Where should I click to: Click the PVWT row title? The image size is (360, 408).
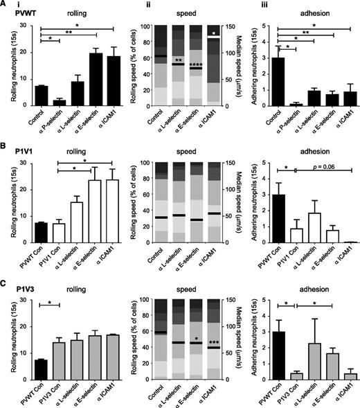coord(16,15)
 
